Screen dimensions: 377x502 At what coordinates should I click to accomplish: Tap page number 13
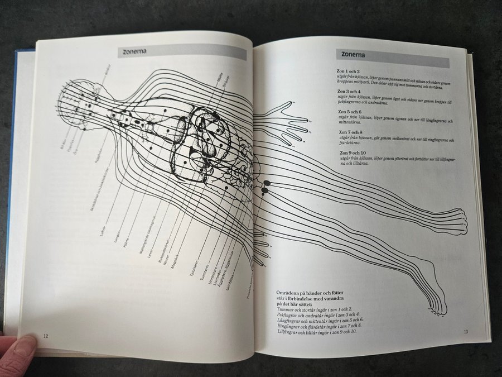pyautogui.click(x=466, y=332)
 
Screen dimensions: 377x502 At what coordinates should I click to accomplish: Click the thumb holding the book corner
pyautogui.click(x=20, y=350)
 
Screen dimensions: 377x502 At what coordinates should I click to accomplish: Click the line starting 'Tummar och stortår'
pyautogui.click(x=315, y=309)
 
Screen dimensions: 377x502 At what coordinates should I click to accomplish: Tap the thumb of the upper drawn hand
pyautogui.click(x=288, y=104)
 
